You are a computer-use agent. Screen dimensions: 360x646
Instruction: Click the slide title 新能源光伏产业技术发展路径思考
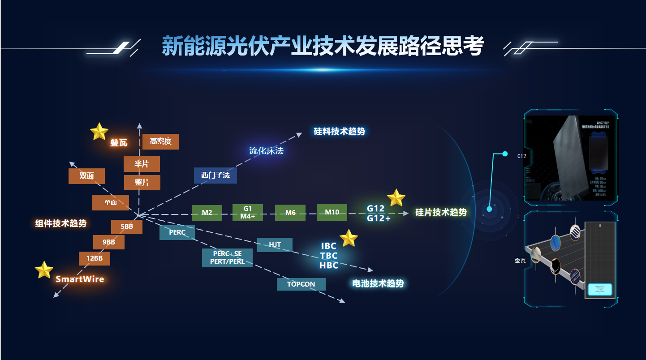coord(323,46)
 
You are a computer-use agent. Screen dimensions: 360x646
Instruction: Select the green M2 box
coord(207,213)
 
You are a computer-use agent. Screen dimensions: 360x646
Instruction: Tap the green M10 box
coord(332,212)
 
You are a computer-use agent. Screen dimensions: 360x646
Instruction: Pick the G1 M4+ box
coord(248,213)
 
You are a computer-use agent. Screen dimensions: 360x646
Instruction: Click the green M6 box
coord(290,213)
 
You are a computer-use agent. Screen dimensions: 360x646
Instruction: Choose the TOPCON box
coord(301,284)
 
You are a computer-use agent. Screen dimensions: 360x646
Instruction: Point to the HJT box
coord(275,245)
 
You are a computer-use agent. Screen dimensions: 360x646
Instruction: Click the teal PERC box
coord(177,232)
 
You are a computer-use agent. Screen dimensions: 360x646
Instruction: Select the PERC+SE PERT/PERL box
coord(227,258)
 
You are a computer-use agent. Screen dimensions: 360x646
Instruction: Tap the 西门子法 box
coord(215,175)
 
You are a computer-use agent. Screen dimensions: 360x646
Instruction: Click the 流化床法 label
coord(267,151)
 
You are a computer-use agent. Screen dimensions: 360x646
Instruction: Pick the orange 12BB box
coord(95,258)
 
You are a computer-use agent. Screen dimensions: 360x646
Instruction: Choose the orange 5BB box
coord(127,227)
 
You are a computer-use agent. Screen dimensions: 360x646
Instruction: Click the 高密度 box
coord(160,141)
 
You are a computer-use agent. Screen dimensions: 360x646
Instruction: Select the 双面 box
coord(86,176)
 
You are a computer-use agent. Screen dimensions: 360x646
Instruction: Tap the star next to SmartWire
coord(44,270)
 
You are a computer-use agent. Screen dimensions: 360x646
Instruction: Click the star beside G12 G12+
coord(396,198)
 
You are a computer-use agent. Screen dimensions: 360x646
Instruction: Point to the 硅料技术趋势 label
coord(340,132)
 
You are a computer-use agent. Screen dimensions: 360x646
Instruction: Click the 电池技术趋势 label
coord(378,283)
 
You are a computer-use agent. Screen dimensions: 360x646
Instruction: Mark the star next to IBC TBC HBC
coord(349,238)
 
